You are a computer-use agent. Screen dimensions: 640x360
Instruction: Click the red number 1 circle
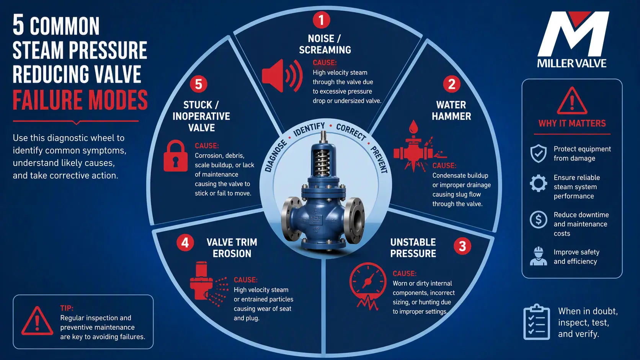pos(322,20)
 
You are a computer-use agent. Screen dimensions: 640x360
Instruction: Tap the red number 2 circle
pos(451,84)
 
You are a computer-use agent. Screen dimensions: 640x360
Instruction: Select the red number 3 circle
pos(462,246)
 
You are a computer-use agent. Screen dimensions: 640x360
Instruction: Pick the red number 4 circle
pos(185,243)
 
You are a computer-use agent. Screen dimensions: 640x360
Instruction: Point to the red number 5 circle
pos(199,84)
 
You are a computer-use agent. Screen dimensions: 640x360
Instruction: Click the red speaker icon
pos(282,76)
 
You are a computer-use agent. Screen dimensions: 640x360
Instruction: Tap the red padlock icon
pos(175,156)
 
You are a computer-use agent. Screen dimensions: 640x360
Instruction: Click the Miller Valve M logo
pos(573,34)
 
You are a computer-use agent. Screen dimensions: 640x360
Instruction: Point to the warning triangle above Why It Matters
pos(572,101)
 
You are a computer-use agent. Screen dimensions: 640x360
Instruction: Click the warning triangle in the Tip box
pos(37,321)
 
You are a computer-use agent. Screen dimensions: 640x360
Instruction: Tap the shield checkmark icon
pos(538,153)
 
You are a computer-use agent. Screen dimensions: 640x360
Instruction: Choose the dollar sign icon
pos(538,220)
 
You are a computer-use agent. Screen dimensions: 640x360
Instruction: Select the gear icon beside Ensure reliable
pos(538,183)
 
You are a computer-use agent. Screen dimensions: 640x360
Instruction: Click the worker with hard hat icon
pos(538,256)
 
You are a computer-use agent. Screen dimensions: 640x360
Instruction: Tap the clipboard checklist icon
pos(537,322)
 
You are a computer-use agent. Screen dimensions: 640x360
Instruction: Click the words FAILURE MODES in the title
pos(80,99)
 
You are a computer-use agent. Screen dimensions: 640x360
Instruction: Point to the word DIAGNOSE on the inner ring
pos(275,156)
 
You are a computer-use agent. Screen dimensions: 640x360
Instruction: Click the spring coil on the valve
pos(322,162)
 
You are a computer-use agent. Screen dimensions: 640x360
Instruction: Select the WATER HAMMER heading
pos(451,111)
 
